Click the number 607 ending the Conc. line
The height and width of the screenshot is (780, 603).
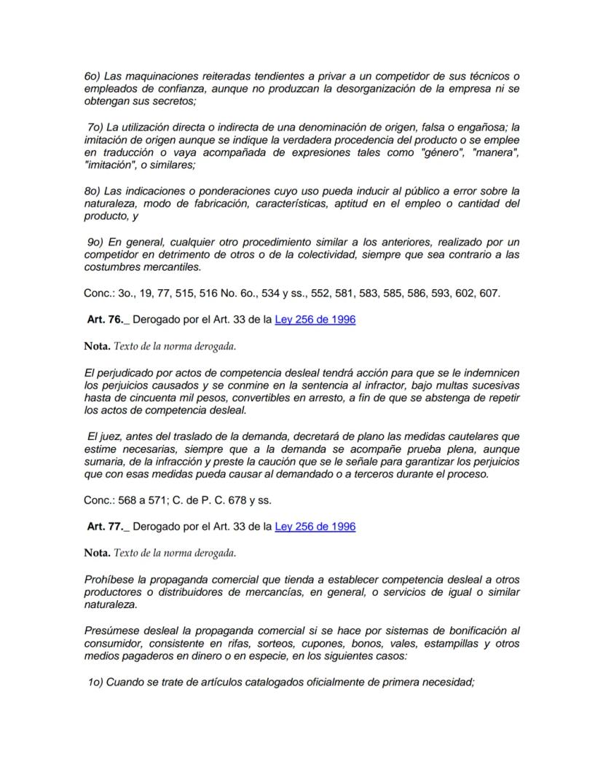491,293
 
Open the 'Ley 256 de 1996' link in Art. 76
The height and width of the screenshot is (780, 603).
315,319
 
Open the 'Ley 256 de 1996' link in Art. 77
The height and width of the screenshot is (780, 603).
315,526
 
